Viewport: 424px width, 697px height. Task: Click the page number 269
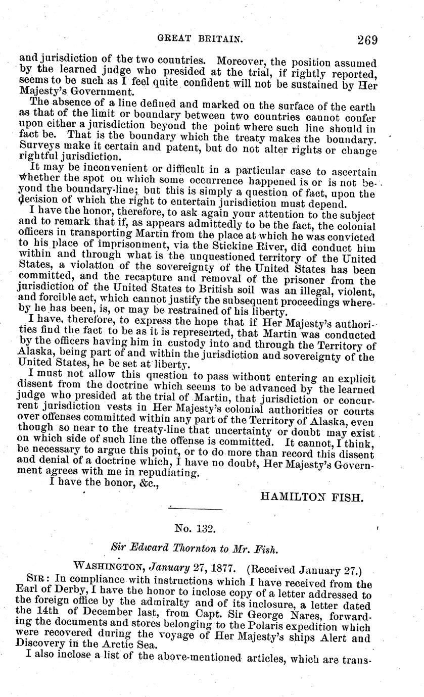click(366, 39)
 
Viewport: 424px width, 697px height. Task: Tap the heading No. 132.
click(196, 529)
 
